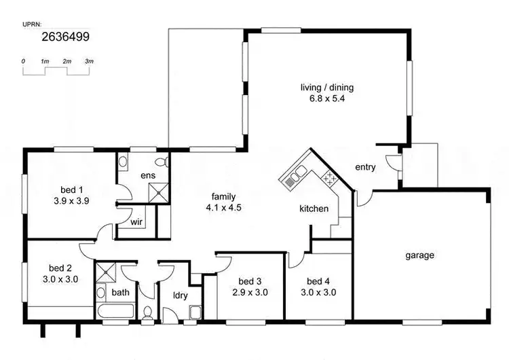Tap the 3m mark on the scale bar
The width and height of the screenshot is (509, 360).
point(89,61)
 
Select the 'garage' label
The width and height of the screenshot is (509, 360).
point(419,255)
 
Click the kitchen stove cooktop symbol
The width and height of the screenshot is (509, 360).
point(330,179)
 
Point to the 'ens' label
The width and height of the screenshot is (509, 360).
point(148,176)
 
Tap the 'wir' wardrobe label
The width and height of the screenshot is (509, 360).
point(136,221)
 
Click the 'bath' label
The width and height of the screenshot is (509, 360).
point(121,293)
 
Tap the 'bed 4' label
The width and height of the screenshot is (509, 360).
point(318,282)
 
